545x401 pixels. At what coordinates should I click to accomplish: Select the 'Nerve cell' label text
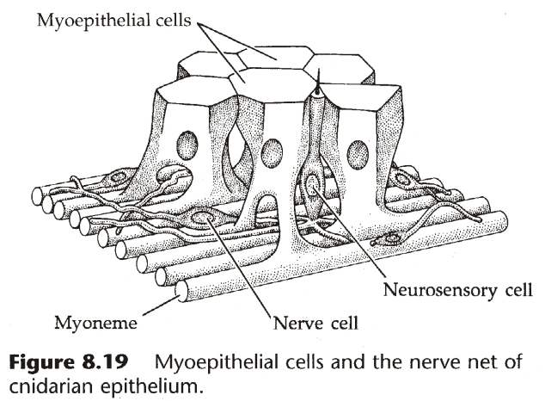(x=315, y=324)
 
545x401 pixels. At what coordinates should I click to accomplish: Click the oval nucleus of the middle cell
(x=272, y=153)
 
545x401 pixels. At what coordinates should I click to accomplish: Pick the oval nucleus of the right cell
(x=358, y=155)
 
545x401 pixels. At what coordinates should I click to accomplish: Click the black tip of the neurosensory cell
(x=319, y=88)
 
